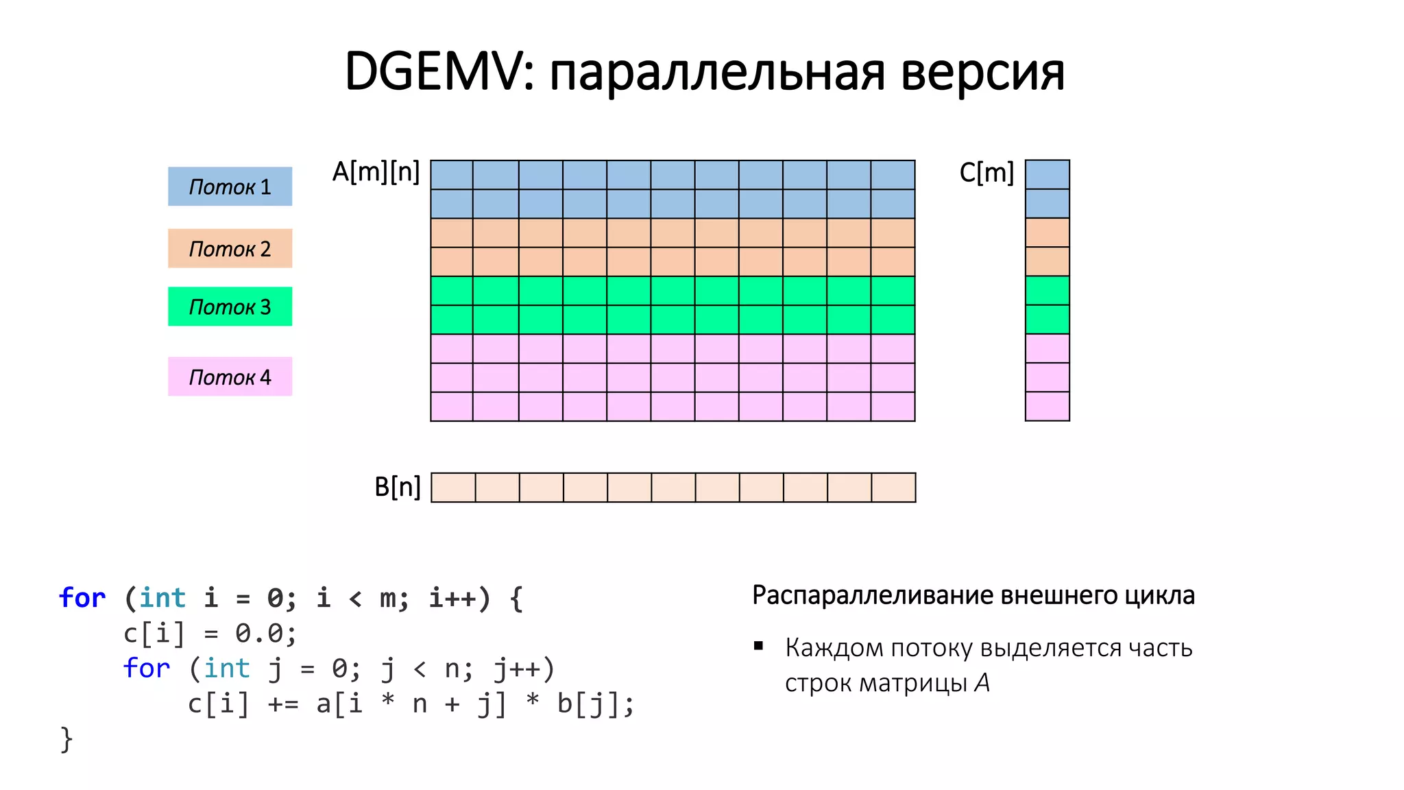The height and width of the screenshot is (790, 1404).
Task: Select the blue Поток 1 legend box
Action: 230,187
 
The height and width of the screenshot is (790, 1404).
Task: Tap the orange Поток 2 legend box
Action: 230,248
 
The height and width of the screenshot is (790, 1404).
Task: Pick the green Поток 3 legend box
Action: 230,307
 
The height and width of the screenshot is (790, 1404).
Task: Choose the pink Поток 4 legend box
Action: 230,376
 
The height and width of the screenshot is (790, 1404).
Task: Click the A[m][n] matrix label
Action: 376,171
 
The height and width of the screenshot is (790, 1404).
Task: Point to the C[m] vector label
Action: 986,172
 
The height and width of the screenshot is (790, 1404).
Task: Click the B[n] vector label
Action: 397,487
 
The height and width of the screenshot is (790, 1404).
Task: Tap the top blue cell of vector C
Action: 1047,175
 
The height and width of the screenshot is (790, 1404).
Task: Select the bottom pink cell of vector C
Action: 1047,406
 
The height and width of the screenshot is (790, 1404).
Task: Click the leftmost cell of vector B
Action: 453,488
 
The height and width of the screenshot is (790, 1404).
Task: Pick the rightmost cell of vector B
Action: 893,488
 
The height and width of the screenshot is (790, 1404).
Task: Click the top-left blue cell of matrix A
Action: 452,175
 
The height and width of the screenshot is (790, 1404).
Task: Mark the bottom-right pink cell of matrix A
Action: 893,406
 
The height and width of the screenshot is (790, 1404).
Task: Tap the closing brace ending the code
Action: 66,739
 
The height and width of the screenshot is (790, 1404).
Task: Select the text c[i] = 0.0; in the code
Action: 210,633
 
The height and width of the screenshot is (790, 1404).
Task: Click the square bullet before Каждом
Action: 758,646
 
